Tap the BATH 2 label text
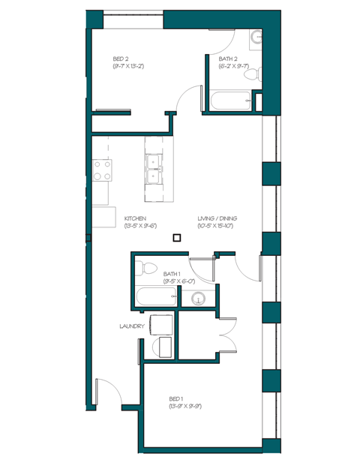coord(229,58)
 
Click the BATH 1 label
coord(172,273)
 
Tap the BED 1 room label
coord(176,398)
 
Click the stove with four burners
coord(102,170)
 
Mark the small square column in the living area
coord(176,238)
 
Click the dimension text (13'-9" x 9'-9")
coord(185,406)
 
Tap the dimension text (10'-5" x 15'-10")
coord(217,225)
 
